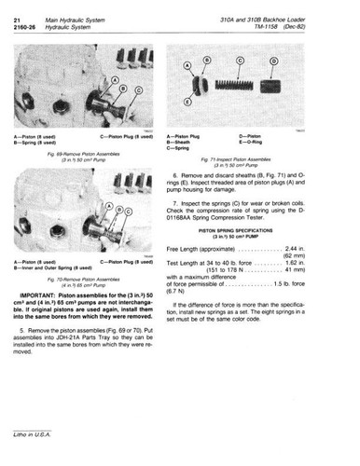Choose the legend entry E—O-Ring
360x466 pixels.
click(272, 142)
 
